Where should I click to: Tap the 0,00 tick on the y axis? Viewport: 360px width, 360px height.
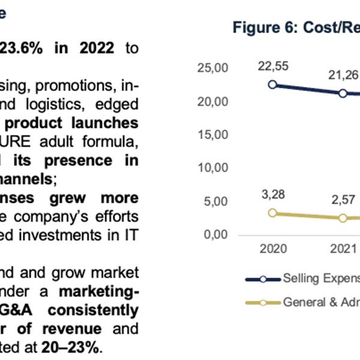[x=215, y=234]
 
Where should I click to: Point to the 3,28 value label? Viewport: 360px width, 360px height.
[x=273, y=193]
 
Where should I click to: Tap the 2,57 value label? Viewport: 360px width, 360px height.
[x=343, y=199]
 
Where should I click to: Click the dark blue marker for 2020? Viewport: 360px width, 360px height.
[x=273, y=85]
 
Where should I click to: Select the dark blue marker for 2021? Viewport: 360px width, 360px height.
[x=343, y=93]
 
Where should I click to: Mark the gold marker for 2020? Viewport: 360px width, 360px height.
[x=273, y=212]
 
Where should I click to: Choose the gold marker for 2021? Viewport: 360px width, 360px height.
[x=343, y=217]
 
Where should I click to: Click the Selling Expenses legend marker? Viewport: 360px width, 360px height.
[x=263, y=279]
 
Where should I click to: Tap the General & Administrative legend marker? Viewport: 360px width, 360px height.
[x=263, y=302]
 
